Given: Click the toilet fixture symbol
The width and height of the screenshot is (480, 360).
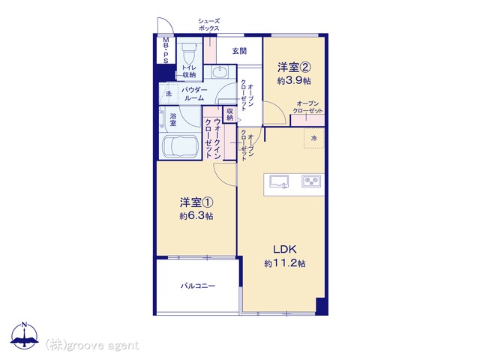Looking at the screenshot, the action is click(188, 52).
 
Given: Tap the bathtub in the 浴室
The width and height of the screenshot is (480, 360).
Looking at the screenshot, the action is click(180, 147).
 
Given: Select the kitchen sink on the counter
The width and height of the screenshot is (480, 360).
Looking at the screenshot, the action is click(279, 181).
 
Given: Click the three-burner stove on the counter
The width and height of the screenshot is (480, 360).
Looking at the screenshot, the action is click(312, 181).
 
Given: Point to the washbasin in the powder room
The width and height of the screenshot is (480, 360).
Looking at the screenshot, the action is click(220, 73).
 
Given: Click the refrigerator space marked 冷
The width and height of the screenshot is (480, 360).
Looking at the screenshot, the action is click(313, 138).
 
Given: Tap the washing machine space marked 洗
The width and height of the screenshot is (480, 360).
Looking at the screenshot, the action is click(169, 93).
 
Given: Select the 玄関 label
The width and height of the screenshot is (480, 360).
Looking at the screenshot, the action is click(239, 51).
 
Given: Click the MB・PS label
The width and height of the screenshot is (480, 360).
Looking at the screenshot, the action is click(166, 50).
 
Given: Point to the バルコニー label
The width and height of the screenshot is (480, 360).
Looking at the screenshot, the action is click(198, 286).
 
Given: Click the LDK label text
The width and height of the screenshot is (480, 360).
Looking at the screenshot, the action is click(285, 250).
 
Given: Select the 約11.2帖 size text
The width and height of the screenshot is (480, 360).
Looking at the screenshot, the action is click(285, 263).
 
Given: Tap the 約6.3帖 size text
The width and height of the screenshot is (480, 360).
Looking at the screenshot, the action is click(196, 216).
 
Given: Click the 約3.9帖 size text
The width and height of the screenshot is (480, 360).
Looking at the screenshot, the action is click(294, 80).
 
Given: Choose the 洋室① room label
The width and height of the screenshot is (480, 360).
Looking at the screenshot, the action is click(196, 202).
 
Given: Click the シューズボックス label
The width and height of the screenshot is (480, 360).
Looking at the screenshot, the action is click(209, 25).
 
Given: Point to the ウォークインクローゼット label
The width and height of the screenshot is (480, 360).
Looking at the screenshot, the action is click(213, 138).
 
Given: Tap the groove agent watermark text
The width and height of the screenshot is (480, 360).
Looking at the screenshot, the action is click(92, 346).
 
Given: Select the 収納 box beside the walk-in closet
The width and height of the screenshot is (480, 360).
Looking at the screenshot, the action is click(230, 115).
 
